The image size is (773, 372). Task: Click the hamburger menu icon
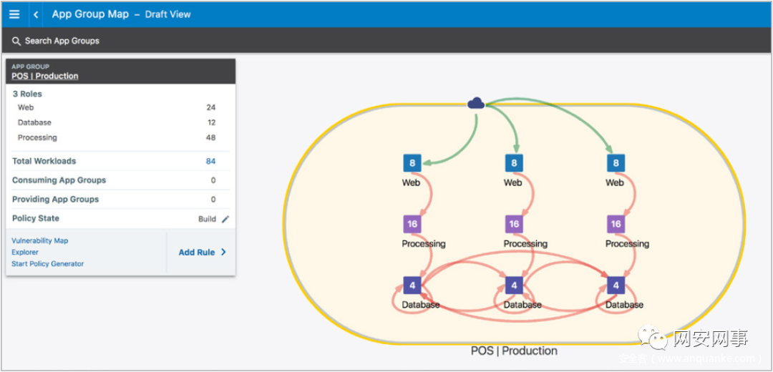click(14, 14)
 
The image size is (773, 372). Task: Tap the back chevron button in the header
click(36, 14)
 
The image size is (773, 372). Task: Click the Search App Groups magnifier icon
click(16, 41)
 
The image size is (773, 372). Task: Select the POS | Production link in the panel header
click(45, 76)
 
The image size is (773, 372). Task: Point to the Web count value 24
click(210, 107)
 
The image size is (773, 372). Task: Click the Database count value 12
click(210, 122)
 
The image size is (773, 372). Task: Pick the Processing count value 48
click(210, 137)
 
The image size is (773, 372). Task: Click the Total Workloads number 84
click(210, 162)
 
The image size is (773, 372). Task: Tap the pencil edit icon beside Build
click(225, 219)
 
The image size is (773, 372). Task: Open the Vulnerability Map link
click(40, 241)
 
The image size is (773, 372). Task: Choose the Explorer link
click(25, 253)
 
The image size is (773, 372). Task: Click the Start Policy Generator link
click(48, 264)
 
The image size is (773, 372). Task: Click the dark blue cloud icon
click(476, 104)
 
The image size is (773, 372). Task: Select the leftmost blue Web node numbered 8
click(412, 163)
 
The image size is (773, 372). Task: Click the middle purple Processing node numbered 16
click(513, 224)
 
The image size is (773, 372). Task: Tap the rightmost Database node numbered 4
click(616, 285)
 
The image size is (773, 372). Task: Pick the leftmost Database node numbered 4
click(412, 285)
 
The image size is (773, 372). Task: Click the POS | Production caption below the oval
click(514, 351)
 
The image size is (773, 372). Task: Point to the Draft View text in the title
click(167, 14)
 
